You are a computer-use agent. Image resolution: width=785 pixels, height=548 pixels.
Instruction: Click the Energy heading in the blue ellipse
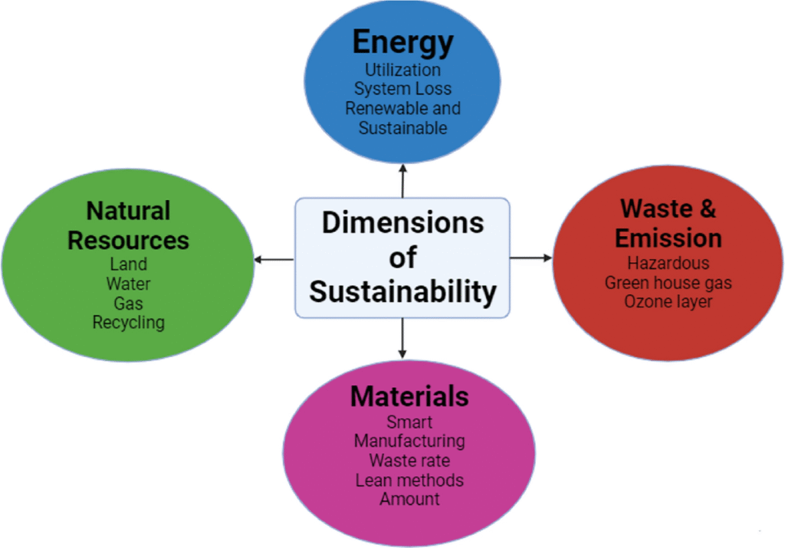[x=402, y=42]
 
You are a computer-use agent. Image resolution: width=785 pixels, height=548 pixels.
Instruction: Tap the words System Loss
[x=402, y=89]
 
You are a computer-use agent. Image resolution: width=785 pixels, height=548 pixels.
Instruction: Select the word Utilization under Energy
[x=402, y=70]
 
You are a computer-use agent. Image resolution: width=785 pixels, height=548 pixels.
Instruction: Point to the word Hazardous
[x=668, y=263]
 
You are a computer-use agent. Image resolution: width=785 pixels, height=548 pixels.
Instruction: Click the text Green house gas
[x=668, y=283]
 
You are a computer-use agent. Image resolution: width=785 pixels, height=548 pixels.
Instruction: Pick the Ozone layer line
[x=668, y=302]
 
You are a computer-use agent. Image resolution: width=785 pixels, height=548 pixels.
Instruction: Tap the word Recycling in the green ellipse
[x=128, y=323]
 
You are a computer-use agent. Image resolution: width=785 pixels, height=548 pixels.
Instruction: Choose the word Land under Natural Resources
[x=128, y=264]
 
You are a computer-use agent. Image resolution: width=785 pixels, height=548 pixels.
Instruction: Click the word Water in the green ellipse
[x=128, y=284]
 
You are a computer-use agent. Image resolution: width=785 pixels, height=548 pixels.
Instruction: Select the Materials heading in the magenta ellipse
[x=409, y=396]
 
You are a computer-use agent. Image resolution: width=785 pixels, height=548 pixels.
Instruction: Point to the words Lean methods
[x=409, y=481]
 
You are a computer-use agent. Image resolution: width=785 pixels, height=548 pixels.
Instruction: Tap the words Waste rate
[x=409, y=461]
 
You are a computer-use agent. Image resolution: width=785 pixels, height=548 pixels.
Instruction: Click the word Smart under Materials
[x=409, y=422]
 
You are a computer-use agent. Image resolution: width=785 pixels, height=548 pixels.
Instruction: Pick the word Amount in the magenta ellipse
[x=409, y=500]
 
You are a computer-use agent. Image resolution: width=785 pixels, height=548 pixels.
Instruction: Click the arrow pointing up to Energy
[x=402, y=180]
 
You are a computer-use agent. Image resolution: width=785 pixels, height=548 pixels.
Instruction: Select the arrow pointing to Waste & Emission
[x=530, y=258]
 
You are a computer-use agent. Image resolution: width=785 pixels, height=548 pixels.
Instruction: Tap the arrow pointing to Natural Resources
[x=274, y=260]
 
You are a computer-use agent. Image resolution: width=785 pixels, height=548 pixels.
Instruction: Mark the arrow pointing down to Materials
[x=402, y=337]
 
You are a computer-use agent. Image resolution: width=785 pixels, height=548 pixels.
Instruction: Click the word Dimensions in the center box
[x=402, y=222]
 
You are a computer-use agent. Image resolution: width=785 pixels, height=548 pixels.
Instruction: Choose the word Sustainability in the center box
[x=402, y=292]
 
